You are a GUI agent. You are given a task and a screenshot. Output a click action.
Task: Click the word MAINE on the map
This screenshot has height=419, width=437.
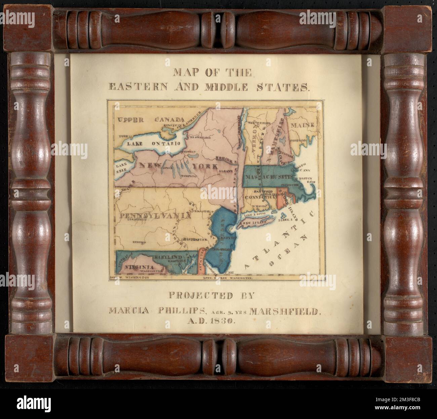tap(303, 125)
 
